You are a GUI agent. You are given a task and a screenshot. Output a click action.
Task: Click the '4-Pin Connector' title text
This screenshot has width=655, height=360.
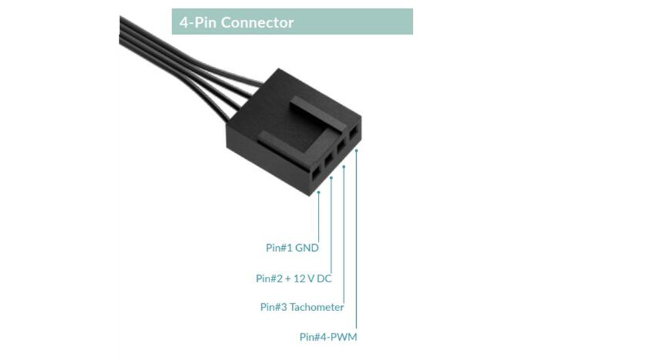tap(237, 22)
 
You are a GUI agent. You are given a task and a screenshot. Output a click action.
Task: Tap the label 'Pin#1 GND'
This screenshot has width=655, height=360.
tap(292, 247)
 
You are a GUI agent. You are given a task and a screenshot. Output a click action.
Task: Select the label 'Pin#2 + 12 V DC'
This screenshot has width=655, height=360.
tap(293, 279)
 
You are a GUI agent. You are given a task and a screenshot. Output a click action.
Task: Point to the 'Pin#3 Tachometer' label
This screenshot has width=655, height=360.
tap(302, 307)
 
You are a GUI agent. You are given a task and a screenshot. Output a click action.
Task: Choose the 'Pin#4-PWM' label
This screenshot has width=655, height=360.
tap(328, 337)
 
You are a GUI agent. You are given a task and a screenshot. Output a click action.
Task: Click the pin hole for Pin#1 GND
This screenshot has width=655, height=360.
tap(315, 172)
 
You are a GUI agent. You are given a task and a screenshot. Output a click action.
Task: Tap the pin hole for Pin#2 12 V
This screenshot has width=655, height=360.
tap(328, 159)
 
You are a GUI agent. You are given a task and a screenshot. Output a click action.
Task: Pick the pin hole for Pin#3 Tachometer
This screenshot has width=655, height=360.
tap(341, 146)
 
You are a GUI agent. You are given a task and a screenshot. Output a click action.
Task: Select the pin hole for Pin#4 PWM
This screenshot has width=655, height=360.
tap(353, 134)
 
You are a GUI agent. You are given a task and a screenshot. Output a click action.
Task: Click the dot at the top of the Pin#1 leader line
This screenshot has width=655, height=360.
tap(319, 192)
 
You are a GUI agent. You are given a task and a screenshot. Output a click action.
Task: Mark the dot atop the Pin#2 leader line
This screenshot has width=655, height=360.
tap(332, 177)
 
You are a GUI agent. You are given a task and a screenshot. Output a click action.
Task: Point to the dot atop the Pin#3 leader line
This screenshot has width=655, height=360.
tap(344, 166)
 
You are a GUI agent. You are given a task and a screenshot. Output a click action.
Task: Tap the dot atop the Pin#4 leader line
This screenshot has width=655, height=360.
tap(356, 151)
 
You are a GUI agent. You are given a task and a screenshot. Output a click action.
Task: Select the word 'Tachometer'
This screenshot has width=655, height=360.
tap(317, 307)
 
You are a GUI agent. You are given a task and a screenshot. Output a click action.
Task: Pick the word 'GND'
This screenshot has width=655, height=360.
tap(307, 247)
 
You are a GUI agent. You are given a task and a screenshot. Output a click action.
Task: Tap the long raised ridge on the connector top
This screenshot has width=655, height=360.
tap(319, 114)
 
